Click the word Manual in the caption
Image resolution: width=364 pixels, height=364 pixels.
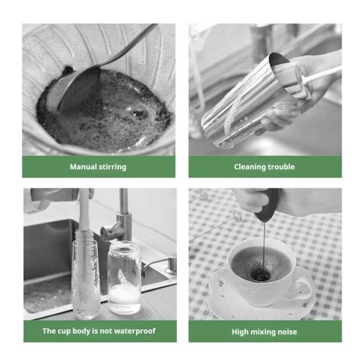83,166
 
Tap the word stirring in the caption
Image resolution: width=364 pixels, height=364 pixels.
112,167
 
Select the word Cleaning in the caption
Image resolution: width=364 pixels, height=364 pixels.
250,167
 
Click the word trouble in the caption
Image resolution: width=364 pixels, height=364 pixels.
281,166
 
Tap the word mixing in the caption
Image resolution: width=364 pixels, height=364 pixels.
262,332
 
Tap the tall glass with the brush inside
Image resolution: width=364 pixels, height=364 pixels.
86,279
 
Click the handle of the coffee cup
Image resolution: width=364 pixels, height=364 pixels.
303,290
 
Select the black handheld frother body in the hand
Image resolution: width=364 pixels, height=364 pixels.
267,204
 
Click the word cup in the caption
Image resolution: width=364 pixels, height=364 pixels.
63,332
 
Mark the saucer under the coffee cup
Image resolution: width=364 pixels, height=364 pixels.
262,302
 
